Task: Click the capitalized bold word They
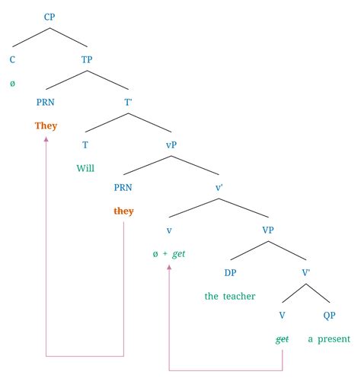coord(46,125)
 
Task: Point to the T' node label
coord(129,100)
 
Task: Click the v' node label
coord(221,186)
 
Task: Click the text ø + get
coord(169,253)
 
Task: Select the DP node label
coord(230,272)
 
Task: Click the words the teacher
coord(230,296)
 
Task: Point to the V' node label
coord(306,272)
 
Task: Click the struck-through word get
coord(282,339)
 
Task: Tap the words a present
coord(329,339)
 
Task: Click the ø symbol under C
coord(12,82)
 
